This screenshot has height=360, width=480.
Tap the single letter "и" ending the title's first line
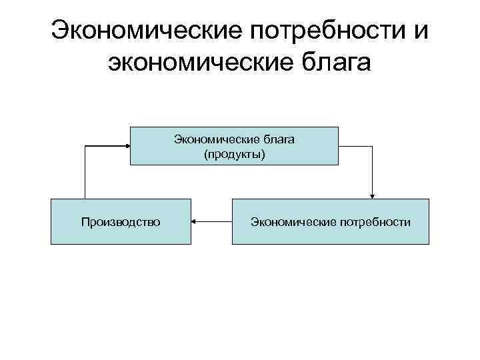coord(421,30)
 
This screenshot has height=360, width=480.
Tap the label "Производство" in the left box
coord(121,221)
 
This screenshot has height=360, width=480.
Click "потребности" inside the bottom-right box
coord(377,221)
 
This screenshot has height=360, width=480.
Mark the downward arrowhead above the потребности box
coord(373,195)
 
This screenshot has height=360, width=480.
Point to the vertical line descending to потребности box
coord(373,170)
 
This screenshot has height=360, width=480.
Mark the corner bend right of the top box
coord(373,145)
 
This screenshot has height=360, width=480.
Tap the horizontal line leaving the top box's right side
coord(355,145)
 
